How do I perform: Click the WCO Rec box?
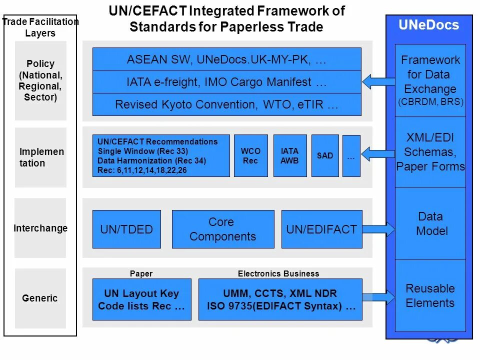coord(250,155)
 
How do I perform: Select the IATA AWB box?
coord(290,155)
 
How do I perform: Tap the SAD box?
coord(325,155)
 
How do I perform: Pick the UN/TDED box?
coord(126,229)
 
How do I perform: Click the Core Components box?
coord(223,229)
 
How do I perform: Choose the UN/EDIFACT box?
coord(321,229)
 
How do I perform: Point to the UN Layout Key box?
coord(141,299)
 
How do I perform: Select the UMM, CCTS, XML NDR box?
coord(280,299)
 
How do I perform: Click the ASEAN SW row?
coord(226,59)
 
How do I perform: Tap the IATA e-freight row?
coord(226,82)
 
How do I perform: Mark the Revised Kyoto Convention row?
coord(226,104)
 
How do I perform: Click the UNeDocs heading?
coord(428,25)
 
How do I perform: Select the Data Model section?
coord(430,223)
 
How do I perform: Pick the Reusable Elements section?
coord(430,295)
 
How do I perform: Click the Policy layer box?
coord(40,80)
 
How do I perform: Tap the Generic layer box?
coord(40,298)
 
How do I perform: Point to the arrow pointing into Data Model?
coord(378,229)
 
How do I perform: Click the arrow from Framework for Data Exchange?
coord(378,81)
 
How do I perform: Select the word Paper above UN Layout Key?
coord(141,273)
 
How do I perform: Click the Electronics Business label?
coord(278,273)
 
